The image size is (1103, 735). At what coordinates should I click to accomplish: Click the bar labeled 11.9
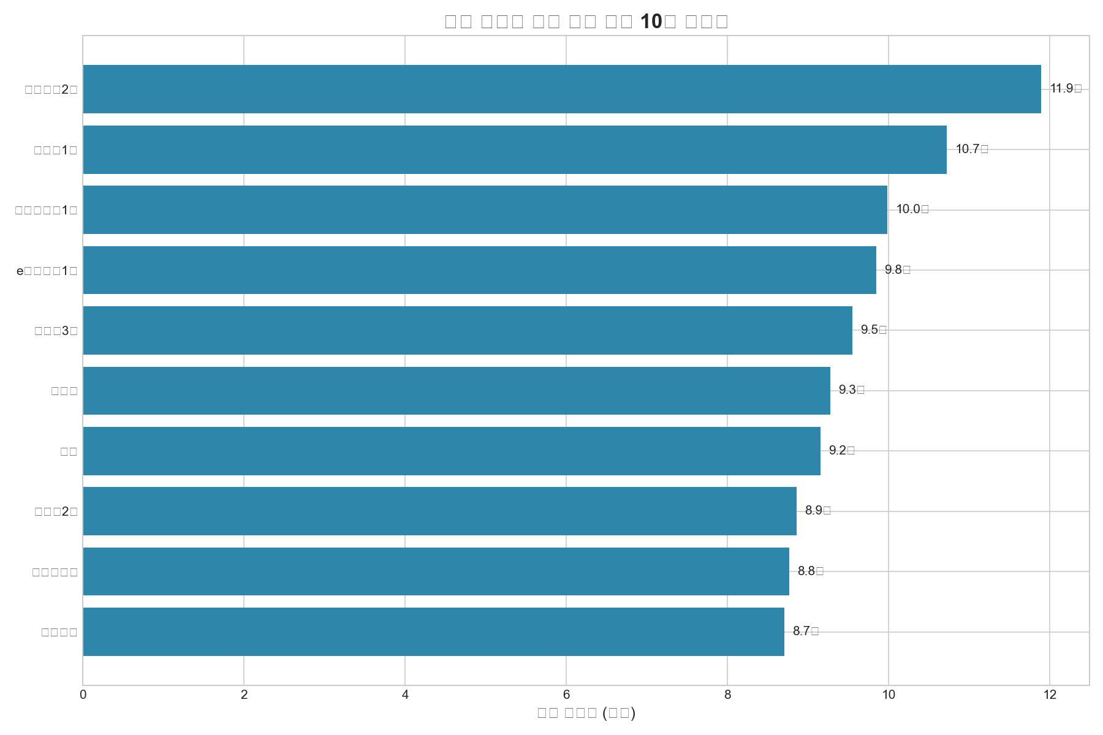[x=561, y=89]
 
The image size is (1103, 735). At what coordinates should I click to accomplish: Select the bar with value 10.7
[x=515, y=149]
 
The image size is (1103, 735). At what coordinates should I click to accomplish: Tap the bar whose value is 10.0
[x=485, y=209]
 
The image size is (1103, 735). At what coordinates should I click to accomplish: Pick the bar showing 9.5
[x=467, y=330]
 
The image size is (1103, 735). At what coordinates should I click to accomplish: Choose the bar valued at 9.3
[x=457, y=391]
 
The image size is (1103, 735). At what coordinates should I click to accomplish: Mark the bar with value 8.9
[x=439, y=511]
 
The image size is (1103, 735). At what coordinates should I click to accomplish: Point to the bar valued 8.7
[x=433, y=631]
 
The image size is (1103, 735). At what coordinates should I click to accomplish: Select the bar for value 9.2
[x=452, y=451]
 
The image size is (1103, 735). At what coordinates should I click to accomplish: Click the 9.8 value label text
[x=897, y=270]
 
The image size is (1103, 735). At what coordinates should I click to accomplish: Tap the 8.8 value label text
[x=810, y=571]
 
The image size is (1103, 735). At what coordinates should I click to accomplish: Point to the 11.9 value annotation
[x=1066, y=89]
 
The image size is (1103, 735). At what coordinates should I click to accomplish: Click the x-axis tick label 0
[x=83, y=695]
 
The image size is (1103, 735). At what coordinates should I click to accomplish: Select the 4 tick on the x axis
[x=405, y=695]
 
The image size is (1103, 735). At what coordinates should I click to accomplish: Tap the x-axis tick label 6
[x=566, y=695]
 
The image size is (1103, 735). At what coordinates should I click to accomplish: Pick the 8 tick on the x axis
[x=727, y=695]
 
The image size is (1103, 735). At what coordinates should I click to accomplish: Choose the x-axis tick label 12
[x=1050, y=695]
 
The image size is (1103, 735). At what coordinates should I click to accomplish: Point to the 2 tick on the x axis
[x=244, y=695]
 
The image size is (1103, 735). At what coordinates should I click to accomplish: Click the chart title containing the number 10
[x=586, y=21]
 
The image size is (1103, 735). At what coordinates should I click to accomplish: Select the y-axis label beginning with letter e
[x=47, y=271]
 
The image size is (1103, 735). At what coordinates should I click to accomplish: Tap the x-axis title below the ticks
[x=586, y=713]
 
